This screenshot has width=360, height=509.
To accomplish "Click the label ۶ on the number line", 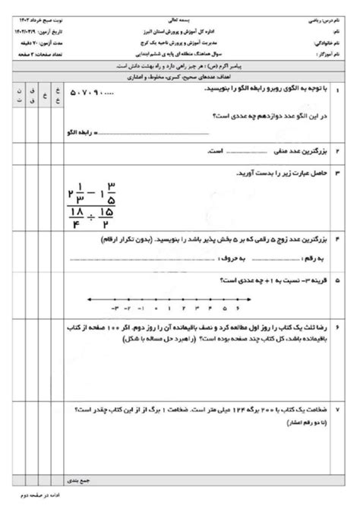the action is click(x=238, y=309).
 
